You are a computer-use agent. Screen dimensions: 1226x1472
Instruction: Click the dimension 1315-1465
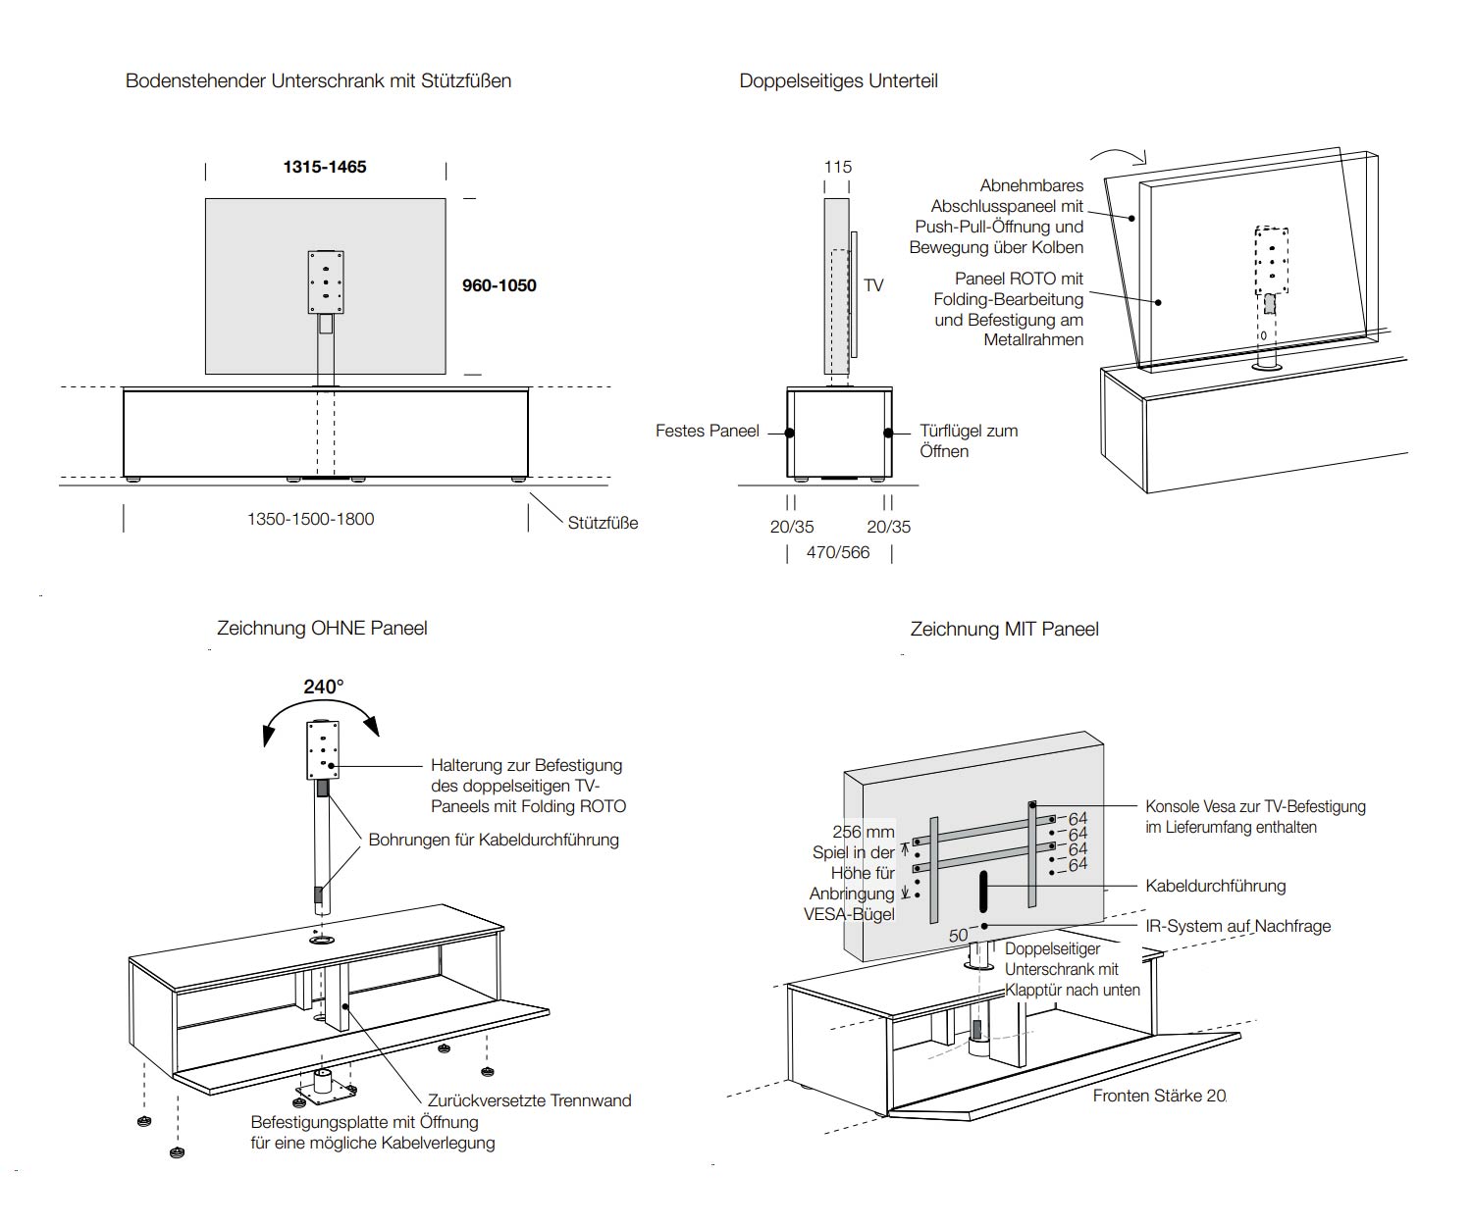point(324,167)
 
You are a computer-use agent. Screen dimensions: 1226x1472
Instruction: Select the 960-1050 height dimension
point(499,285)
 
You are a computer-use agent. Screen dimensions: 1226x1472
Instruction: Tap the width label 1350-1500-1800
point(310,519)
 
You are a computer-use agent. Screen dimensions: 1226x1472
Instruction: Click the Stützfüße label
point(603,523)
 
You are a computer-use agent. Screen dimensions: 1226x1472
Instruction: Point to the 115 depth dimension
point(837,167)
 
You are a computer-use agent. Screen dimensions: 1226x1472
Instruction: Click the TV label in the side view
point(873,285)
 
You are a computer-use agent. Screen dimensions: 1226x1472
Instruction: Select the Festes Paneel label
point(707,431)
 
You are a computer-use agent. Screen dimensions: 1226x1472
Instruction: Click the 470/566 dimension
point(838,552)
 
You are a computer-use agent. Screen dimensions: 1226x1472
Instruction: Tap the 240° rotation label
point(323,687)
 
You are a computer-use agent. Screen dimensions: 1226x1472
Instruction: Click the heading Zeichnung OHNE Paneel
point(322,628)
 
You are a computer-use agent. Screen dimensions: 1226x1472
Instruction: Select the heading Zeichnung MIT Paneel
point(1004,629)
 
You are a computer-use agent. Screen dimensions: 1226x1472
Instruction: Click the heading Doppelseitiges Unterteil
point(838,80)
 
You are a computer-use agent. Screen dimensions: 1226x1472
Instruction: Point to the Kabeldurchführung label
point(1215,886)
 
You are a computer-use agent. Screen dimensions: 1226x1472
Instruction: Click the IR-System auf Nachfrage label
point(1237,926)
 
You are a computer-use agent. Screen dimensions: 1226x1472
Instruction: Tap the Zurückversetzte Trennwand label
point(529,1100)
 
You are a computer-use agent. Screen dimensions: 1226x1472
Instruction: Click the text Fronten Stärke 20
point(1159,1096)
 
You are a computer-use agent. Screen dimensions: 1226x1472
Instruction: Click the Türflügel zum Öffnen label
point(968,440)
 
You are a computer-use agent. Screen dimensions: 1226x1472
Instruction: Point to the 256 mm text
point(863,832)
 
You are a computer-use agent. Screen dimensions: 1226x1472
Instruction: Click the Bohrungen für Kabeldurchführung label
point(494,840)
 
